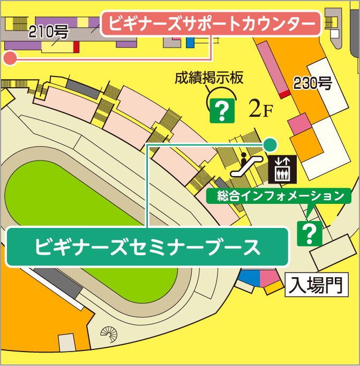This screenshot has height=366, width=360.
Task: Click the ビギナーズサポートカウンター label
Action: pos(211,24)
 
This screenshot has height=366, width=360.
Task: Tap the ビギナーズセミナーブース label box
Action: pos(147,247)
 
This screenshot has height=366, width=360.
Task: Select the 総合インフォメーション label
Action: pos(280,196)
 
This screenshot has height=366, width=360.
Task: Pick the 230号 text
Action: pos(313,83)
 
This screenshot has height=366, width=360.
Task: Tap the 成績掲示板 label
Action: pos(209,79)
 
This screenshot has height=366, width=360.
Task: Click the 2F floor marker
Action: pos(261,110)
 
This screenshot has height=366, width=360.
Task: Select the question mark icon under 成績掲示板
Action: pos(221,111)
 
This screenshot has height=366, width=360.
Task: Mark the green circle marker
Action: pos(270,144)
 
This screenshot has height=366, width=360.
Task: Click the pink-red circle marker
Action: pos(10,58)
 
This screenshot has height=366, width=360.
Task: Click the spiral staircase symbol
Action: pos(109,335)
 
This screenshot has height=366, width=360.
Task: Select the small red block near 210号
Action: pos(76,47)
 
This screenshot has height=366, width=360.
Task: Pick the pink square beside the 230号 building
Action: pos(299,124)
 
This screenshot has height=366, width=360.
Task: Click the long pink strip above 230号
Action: pos(273,67)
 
